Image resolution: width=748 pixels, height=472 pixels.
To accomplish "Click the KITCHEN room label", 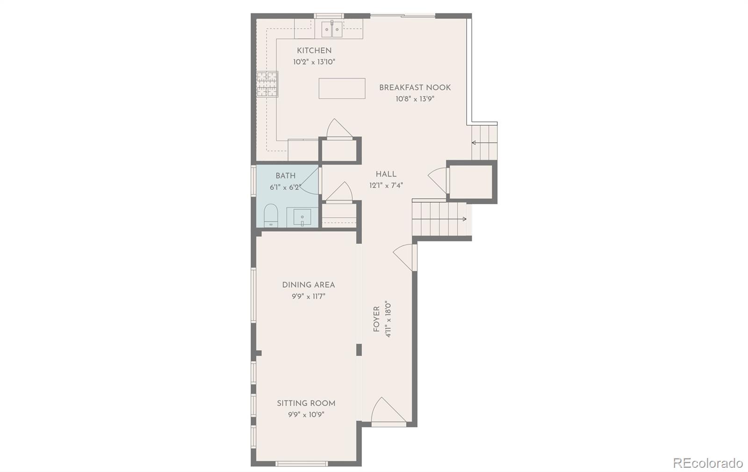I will pyautogui.click(x=314, y=50).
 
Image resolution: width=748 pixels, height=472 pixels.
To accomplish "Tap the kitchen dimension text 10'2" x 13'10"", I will pyautogui.click(x=314, y=62).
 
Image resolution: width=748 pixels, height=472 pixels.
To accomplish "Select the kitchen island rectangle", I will pyautogui.click(x=342, y=88).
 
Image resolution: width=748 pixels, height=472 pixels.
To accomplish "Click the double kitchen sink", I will pyautogui.click(x=332, y=29).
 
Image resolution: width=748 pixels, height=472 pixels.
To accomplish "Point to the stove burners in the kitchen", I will pyautogui.click(x=267, y=84).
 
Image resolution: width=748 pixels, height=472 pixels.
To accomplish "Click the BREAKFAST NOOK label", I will pyautogui.click(x=415, y=87).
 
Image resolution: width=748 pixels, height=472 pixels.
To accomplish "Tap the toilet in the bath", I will pyautogui.click(x=271, y=215).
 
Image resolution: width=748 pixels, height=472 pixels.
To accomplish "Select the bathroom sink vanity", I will pyautogui.click(x=302, y=217).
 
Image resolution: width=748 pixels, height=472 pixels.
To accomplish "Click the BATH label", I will pyautogui.click(x=285, y=176).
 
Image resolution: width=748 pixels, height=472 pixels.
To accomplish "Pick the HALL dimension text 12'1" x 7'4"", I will pyautogui.click(x=386, y=185).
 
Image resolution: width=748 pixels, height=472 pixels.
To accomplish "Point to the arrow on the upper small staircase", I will pyautogui.click(x=475, y=143).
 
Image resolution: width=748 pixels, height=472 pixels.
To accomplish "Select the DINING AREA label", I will pyautogui.click(x=308, y=285).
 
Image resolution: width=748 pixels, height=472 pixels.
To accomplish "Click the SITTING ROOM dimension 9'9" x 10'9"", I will pyautogui.click(x=306, y=415).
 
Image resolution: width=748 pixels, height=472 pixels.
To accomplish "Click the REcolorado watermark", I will pyautogui.click(x=707, y=463).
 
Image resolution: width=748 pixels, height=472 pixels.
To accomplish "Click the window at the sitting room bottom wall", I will pyautogui.click(x=301, y=464).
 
